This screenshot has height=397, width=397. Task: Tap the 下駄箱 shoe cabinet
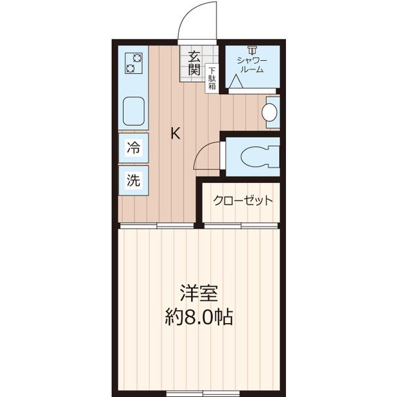pyautogui.click(x=212, y=79)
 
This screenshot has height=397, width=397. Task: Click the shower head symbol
pyautogui.click(x=251, y=50)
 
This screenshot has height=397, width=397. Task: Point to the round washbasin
pyautogui.click(x=269, y=112)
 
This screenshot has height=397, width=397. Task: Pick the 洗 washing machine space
pyautogui.click(x=133, y=181)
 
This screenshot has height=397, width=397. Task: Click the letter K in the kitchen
pyautogui.click(x=176, y=133)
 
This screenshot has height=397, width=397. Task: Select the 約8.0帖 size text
pyautogui.click(x=198, y=318)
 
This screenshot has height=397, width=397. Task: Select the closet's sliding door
pyautogui.click(x=239, y=226)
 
